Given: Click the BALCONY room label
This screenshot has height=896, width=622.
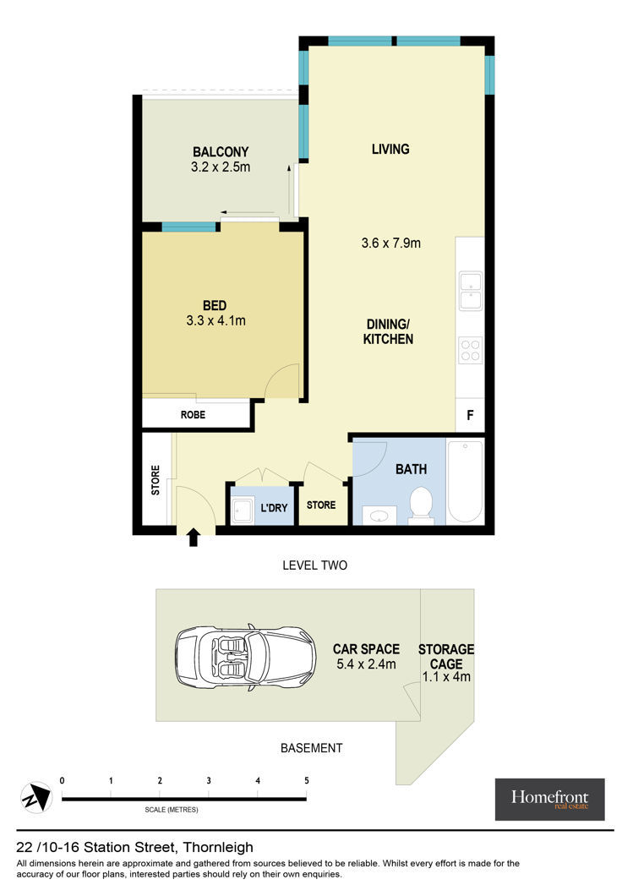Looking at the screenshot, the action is pyautogui.click(x=221, y=152).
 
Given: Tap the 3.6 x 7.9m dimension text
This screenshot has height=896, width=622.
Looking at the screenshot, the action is pyautogui.click(x=391, y=243).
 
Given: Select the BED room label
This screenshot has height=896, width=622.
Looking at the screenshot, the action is pyautogui.click(x=215, y=306).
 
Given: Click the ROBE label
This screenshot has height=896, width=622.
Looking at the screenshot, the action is pyautogui.click(x=193, y=415).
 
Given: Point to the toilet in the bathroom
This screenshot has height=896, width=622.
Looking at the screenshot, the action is pyautogui.click(x=422, y=504).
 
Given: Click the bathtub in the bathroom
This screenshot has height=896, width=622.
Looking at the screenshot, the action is pyautogui.click(x=465, y=481).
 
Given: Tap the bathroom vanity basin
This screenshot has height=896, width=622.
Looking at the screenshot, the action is pyautogui.click(x=379, y=516).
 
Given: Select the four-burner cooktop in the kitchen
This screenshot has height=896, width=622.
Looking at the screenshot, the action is pyautogui.click(x=471, y=350).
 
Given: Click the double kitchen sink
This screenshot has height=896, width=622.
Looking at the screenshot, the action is pyautogui.click(x=471, y=292).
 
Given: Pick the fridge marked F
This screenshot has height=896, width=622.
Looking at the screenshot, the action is pyautogui.click(x=470, y=415).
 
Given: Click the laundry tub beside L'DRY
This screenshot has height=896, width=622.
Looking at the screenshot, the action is pyautogui.click(x=243, y=510).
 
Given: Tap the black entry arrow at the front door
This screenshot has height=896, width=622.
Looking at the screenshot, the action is pyautogui.click(x=194, y=537).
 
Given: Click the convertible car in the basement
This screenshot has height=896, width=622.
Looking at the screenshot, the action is pyautogui.click(x=246, y=657).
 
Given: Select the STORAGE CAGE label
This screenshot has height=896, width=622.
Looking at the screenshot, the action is pyautogui.click(x=446, y=657).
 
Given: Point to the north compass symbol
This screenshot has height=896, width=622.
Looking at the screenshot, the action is pyautogui.click(x=36, y=797).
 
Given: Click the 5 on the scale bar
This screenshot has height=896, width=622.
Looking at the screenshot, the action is pyautogui.click(x=307, y=780).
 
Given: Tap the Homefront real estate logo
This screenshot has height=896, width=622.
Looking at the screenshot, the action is pyautogui.click(x=549, y=799).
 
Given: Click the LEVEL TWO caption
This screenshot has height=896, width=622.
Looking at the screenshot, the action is pyautogui.click(x=314, y=565).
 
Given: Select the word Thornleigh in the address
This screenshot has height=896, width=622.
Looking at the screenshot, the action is pyautogui.click(x=218, y=848).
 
